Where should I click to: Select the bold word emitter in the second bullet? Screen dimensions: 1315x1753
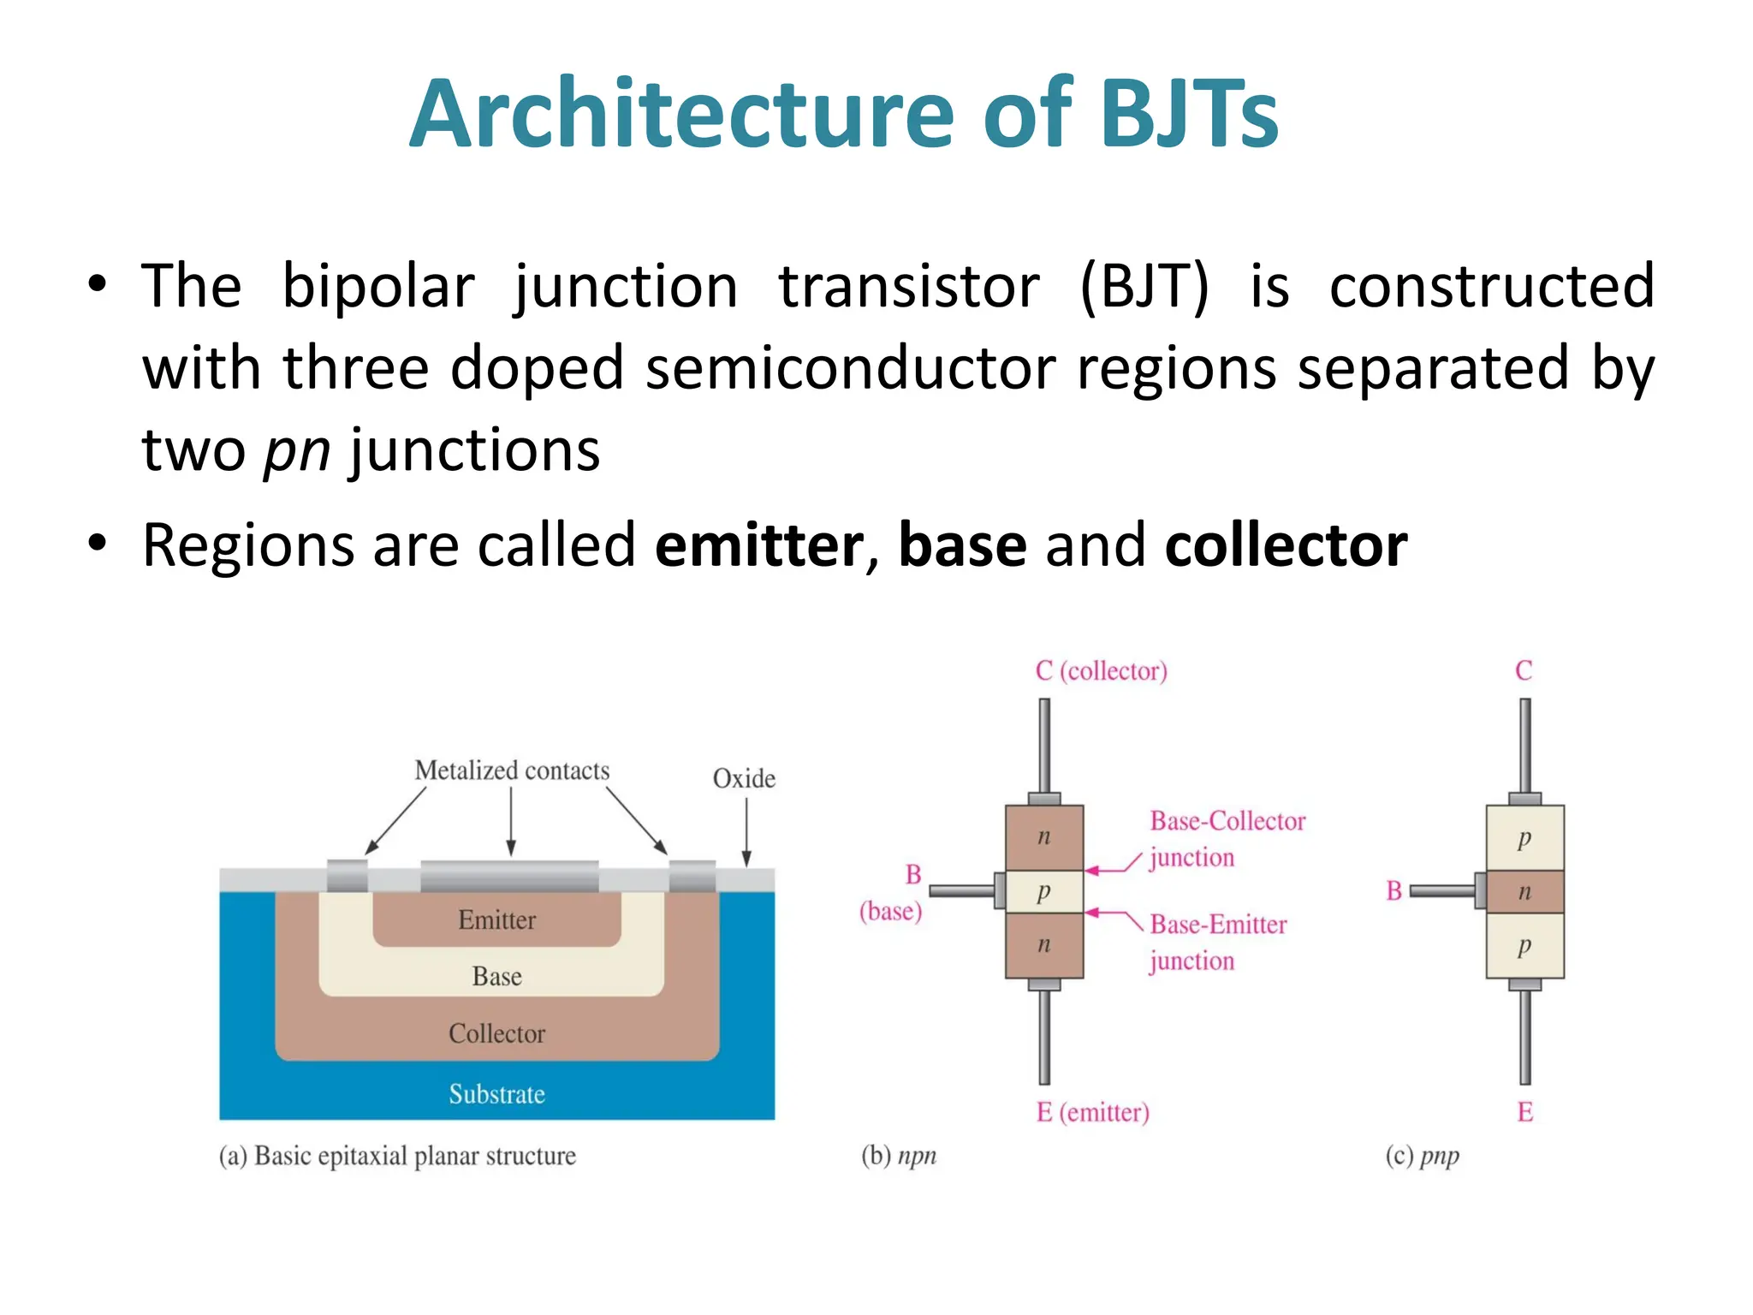pos(758,545)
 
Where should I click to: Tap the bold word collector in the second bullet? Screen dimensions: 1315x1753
pos(1286,545)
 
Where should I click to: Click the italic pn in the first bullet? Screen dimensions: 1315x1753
pos(296,450)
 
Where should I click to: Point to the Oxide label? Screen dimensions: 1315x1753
pos(744,779)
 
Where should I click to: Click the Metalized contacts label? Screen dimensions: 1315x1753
pos(512,771)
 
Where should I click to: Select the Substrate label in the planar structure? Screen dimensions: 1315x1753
pos(496,1094)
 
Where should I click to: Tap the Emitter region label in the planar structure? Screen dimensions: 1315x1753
pos(496,920)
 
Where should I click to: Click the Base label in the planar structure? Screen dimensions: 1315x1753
pos(496,977)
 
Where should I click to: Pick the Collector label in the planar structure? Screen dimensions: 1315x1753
pos(496,1033)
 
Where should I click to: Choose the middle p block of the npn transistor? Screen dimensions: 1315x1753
pos(1043,892)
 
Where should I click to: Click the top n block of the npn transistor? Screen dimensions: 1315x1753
pos(1043,837)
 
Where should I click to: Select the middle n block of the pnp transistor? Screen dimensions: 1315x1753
pos(1524,892)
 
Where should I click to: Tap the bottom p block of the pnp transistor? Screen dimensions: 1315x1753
pos(1524,946)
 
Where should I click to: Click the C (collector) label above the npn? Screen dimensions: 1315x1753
pos(1101,670)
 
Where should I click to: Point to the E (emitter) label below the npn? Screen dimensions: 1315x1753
pos(1092,1112)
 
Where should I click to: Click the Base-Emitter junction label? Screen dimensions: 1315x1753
pos(1217,942)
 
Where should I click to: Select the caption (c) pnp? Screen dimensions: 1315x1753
pos(1422,1156)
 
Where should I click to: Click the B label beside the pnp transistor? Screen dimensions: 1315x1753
pos(1394,891)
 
